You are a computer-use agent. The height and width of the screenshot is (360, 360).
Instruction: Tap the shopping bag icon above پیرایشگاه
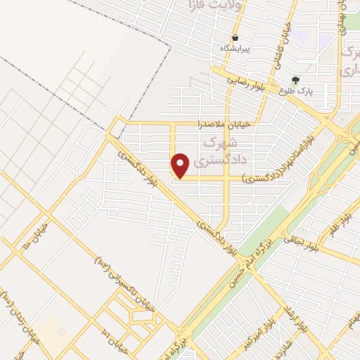(x=235, y=37)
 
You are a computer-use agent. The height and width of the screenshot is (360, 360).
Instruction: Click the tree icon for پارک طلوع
(x=295, y=79)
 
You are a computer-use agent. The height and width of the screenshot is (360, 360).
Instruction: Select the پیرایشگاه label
(x=235, y=48)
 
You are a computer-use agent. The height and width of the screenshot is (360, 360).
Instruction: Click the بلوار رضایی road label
(x=245, y=81)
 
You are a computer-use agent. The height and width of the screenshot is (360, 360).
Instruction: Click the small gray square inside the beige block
(x=63, y=330)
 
